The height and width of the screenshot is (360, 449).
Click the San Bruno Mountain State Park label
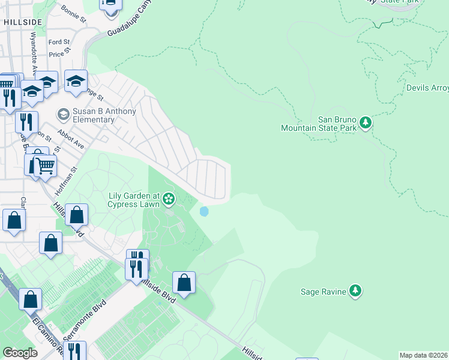[x=319, y=124]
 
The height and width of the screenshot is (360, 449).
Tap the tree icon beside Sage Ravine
[x=355, y=291]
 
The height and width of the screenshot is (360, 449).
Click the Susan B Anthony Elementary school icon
[x=63, y=114]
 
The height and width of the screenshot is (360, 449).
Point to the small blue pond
[x=204, y=212]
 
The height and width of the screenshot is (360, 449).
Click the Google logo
[x=20, y=353]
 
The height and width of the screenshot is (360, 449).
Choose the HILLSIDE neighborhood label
[x=23, y=22]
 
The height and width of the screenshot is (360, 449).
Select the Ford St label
[x=59, y=42]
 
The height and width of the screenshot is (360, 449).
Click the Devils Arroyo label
[x=427, y=88]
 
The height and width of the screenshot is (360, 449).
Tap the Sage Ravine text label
[x=323, y=292]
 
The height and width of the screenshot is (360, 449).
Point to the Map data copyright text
[x=424, y=355]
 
